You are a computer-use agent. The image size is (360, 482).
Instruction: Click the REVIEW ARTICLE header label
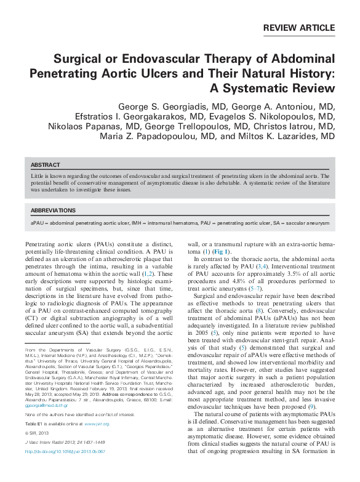tap(298, 28)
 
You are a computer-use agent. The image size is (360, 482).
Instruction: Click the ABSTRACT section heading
tap(46, 165)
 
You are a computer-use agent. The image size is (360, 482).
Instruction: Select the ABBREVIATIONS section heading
tap(53, 210)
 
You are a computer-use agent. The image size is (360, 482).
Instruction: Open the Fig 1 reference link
tap(222, 252)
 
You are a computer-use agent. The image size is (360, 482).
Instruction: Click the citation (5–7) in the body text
tap(255, 288)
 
